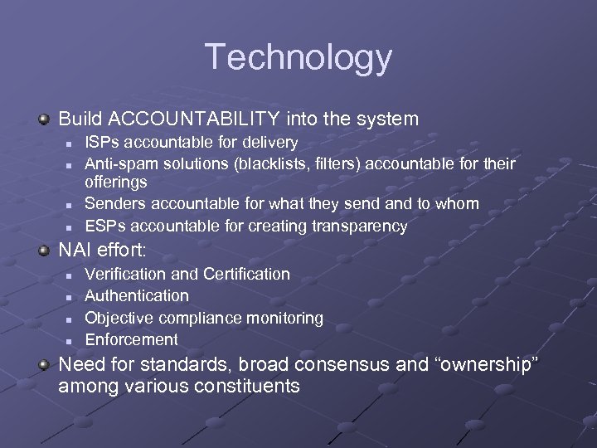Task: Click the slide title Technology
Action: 298,57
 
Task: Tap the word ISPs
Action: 101,143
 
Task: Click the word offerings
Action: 116,182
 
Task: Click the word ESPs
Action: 103,226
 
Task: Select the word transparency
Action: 362,226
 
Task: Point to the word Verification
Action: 124,274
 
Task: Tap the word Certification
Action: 246,274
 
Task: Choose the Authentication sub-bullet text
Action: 137,295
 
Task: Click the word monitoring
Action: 283,318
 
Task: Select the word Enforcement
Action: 131,339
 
